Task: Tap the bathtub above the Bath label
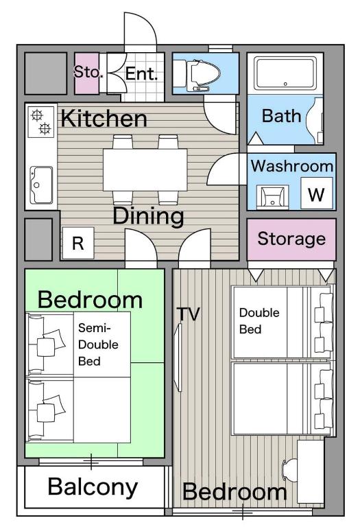(x=285, y=73)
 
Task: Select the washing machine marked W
(x=316, y=193)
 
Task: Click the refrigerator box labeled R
(x=78, y=243)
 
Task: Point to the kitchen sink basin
(x=41, y=185)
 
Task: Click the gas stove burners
(x=41, y=121)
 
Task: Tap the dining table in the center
(x=145, y=169)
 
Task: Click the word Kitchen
(x=104, y=118)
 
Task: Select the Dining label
(x=148, y=216)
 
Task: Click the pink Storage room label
(x=291, y=239)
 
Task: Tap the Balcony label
(x=93, y=487)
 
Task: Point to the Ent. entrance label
(x=141, y=73)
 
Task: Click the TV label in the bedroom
(x=189, y=314)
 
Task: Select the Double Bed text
(x=259, y=320)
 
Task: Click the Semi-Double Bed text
(x=98, y=344)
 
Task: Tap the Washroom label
(x=292, y=166)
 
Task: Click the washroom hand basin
(x=272, y=197)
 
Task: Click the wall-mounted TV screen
(x=179, y=358)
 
